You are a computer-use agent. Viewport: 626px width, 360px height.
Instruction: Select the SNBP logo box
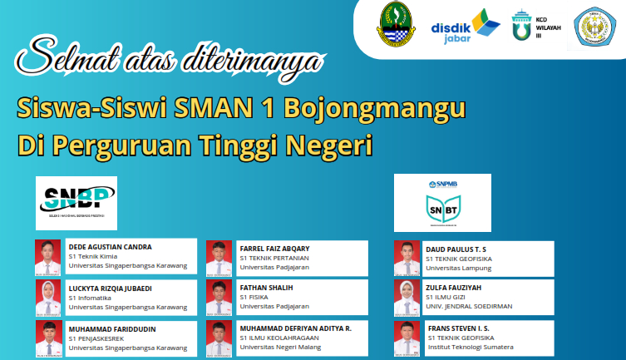pyautogui.click(x=76, y=203)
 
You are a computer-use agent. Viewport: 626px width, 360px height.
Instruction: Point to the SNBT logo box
pyautogui.click(x=442, y=203)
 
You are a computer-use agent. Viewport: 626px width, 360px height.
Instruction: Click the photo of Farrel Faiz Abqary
pyautogui.click(x=218, y=256)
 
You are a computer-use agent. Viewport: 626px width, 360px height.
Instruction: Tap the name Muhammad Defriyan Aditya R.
pyautogui.click(x=295, y=328)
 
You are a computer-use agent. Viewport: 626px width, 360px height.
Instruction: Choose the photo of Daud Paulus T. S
pyautogui.click(x=406, y=256)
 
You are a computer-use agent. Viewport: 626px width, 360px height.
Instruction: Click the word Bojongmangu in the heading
pyautogui.click(x=373, y=109)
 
